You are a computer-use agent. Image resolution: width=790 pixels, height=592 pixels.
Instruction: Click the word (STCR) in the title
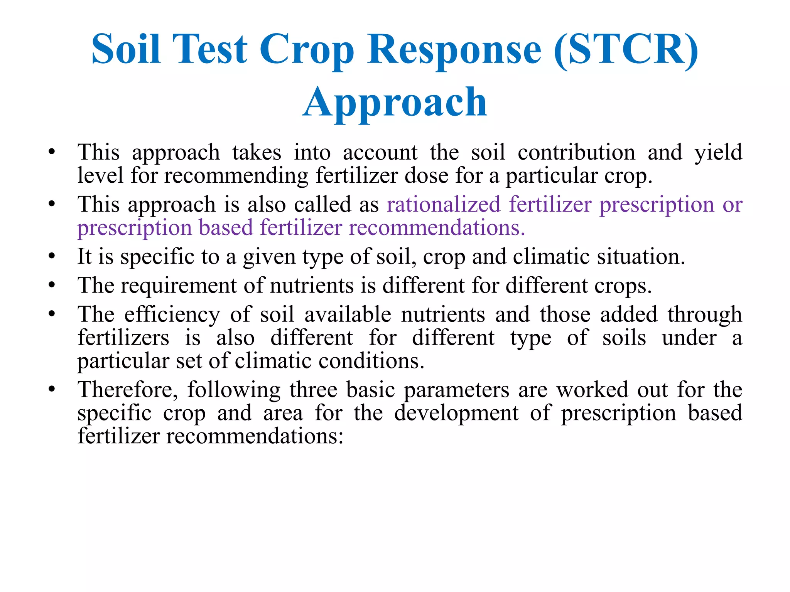(x=626, y=49)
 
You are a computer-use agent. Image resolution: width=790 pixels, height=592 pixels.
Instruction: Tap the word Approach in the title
(x=395, y=102)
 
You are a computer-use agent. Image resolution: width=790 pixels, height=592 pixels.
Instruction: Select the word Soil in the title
(x=126, y=49)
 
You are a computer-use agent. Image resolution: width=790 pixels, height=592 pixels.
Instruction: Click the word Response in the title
(x=454, y=49)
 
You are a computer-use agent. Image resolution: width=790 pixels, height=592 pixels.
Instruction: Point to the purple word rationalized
(x=444, y=204)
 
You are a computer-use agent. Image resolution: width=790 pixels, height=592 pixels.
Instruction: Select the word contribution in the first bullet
(x=576, y=152)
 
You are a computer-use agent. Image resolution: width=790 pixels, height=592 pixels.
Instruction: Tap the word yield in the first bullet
(x=718, y=152)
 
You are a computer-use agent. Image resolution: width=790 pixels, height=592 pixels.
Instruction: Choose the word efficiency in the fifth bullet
(x=172, y=314)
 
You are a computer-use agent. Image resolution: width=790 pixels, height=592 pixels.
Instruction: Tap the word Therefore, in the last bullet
(x=128, y=390)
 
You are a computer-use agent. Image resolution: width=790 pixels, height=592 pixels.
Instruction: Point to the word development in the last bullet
(x=456, y=413)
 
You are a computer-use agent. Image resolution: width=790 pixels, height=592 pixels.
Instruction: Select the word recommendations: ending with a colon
(x=255, y=436)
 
